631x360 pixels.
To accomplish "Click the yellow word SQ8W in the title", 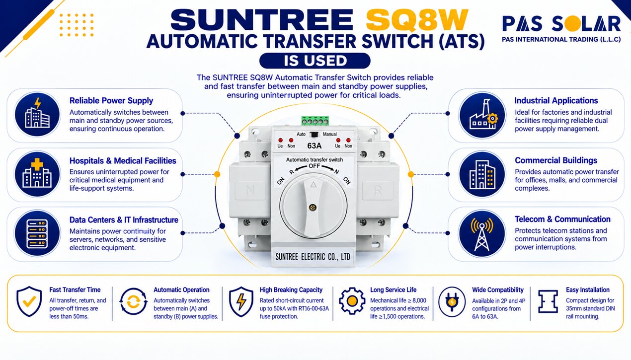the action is point(417,20).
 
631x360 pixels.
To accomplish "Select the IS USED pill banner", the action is point(315,61).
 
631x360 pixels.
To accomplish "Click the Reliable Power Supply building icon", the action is point(37,115).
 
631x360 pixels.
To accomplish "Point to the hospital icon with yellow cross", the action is point(37,174).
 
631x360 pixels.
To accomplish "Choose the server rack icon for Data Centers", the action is point(37,233).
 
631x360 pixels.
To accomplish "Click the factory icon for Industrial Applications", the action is point(482,115).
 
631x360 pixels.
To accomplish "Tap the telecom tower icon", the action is point(482,233).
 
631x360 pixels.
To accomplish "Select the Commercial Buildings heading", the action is point(556,160).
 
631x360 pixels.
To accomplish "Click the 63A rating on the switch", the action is point(314,146).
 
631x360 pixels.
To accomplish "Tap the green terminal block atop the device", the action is point(315,121).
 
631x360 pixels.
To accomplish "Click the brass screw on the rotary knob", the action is point(313,208).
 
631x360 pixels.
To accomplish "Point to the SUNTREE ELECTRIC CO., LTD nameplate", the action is point(313,257).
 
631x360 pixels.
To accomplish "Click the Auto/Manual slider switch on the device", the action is point(314,135).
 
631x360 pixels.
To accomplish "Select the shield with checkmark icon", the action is point(29,301).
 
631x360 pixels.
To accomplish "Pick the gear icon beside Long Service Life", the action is point(352,301).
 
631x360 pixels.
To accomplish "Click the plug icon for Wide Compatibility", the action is point(452,301).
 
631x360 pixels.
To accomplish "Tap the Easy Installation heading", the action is point(588,290).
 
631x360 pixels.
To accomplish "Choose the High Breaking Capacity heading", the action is point(291,290).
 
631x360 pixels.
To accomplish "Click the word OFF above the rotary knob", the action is point(315,166).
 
